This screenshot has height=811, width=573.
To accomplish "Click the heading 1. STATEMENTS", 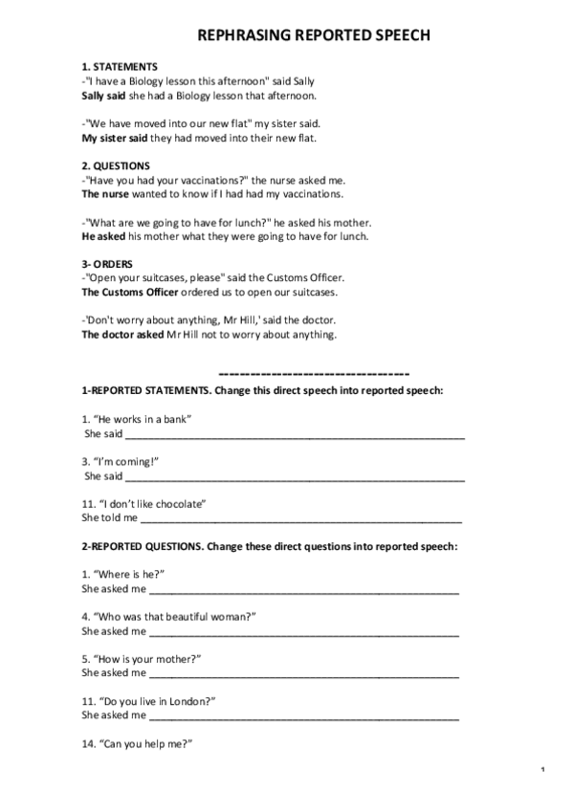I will click(120, 68).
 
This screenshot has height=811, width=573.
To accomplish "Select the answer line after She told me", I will click(300, 519).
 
